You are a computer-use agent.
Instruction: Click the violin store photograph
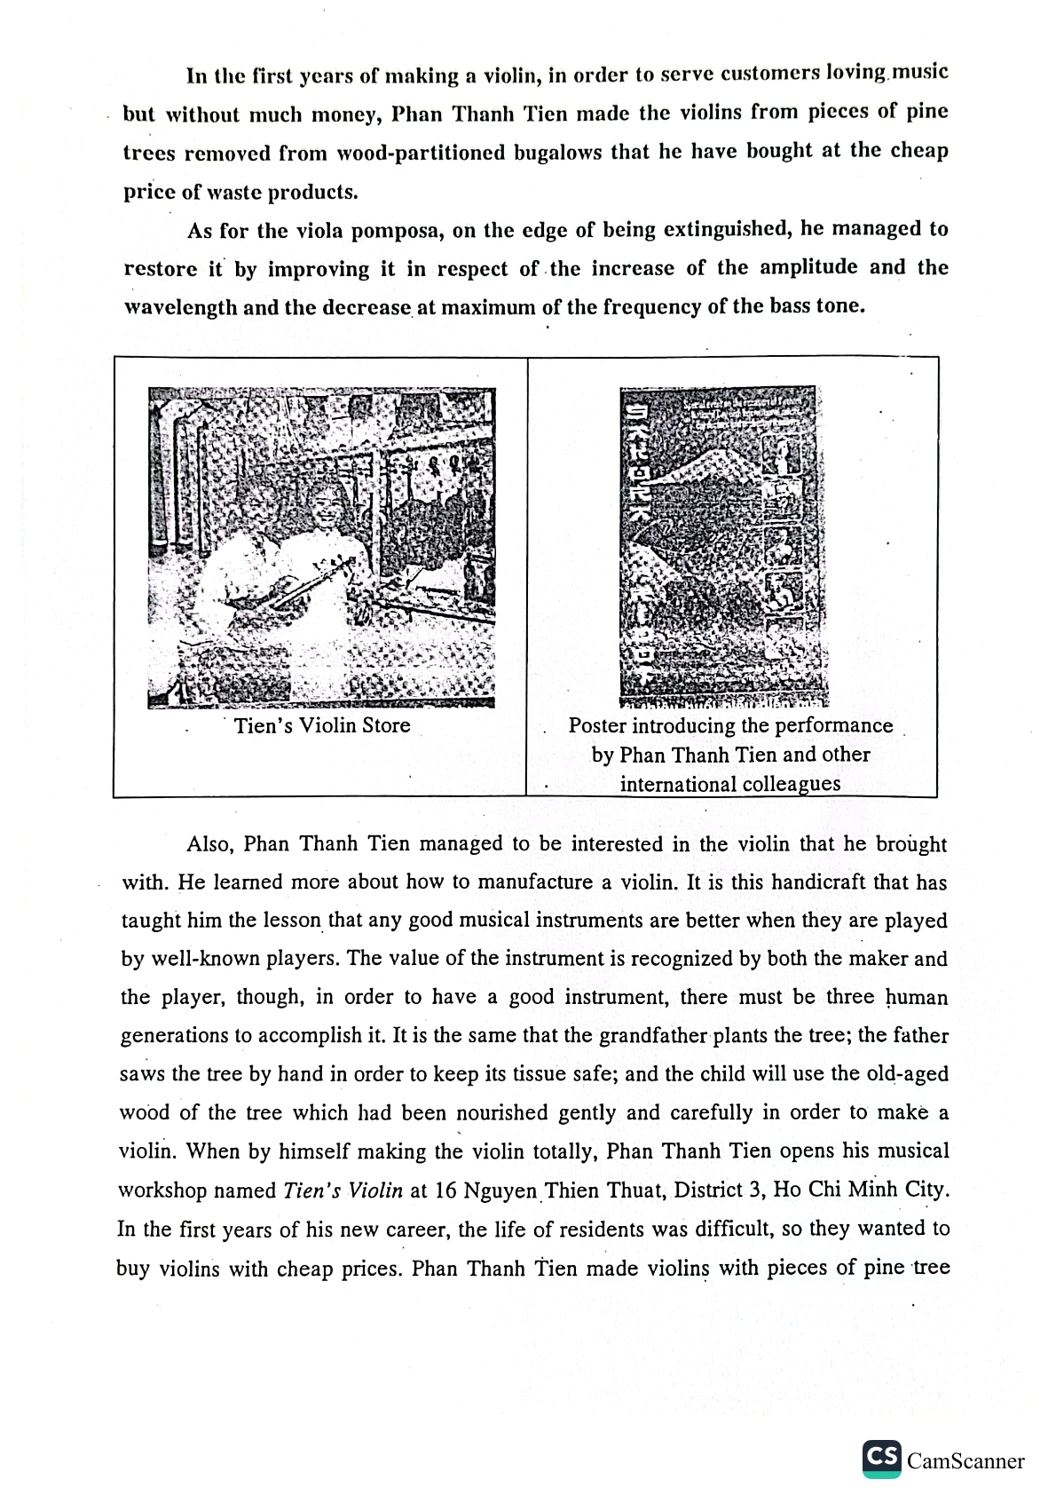click(321, 547)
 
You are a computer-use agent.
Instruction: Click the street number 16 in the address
click(446, 1190)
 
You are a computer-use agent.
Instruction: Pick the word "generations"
click(169, 1036)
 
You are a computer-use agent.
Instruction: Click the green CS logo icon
click(881, 1459)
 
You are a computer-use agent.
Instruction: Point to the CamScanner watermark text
click(965, 1461)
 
